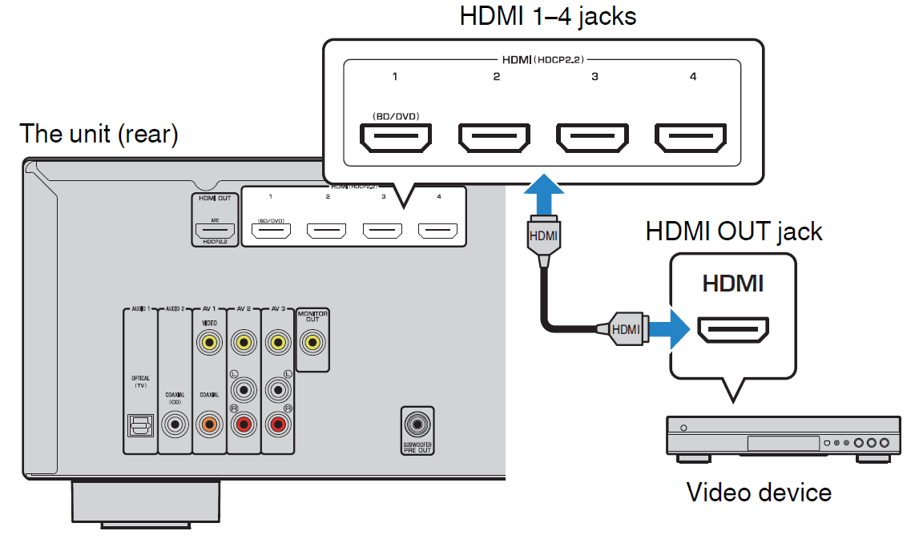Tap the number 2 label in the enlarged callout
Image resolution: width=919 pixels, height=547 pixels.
pos(496,77)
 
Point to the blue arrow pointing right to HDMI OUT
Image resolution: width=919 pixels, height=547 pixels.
pos(667,328)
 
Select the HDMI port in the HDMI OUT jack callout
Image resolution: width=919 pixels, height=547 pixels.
pos(733,328)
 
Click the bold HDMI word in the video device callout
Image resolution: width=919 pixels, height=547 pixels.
pos(732,284)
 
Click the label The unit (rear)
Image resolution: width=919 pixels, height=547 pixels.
pos(99,133)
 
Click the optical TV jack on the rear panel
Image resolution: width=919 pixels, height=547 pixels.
pos(140,424)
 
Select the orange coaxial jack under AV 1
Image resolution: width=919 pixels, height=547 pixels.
pos(210,423)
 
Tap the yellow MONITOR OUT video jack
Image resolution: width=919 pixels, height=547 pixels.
pos(312,344)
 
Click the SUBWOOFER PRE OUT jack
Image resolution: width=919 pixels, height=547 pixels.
pos(417,423)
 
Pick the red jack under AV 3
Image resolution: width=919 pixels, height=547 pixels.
pos(278,423)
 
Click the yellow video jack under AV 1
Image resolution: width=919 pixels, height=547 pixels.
pos(210,344)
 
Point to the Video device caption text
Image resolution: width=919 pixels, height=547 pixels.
pos(758,491)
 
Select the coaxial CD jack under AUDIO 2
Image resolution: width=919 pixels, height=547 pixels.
pos(175,423)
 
